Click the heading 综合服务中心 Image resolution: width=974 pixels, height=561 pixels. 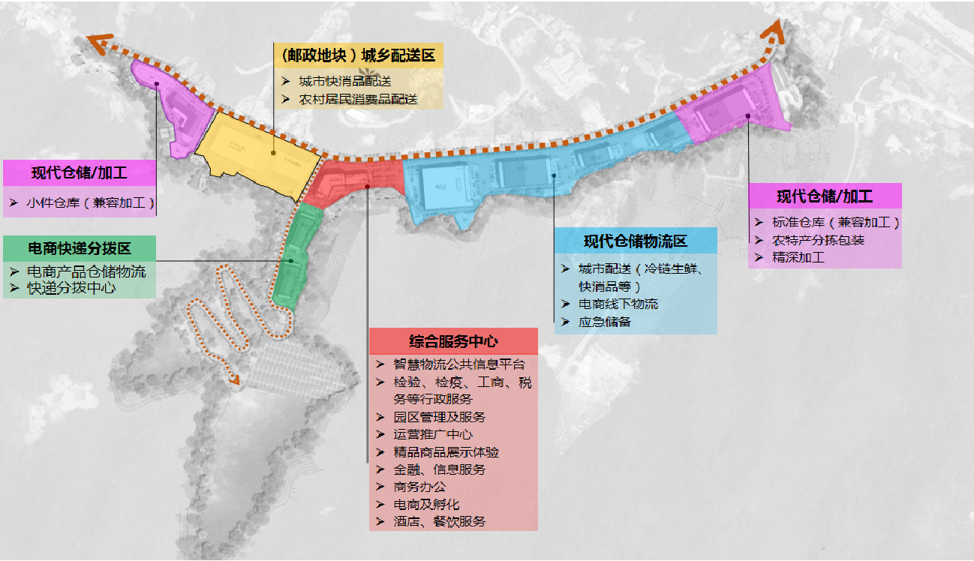tap(453, 341)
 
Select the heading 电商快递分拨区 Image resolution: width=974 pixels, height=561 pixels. tap(80, 247)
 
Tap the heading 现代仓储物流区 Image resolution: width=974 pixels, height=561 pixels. tap(635, 241)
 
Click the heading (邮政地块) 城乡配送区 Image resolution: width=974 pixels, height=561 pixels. tap(359, 55)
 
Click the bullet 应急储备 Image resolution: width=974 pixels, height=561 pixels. tap(605, 322)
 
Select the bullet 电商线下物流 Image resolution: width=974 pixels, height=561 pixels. tap(618, 304)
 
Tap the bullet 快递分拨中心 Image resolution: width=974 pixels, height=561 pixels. tap(71, 287)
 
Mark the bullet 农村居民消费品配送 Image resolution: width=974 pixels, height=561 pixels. tap(358, 98)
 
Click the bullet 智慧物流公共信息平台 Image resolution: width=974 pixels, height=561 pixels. tap(459, 364)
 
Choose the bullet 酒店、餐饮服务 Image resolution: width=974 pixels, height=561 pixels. tap(439, 521)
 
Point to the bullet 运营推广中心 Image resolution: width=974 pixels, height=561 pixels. tap(433, 434)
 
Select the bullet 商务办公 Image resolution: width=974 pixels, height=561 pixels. tap(419, 487)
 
